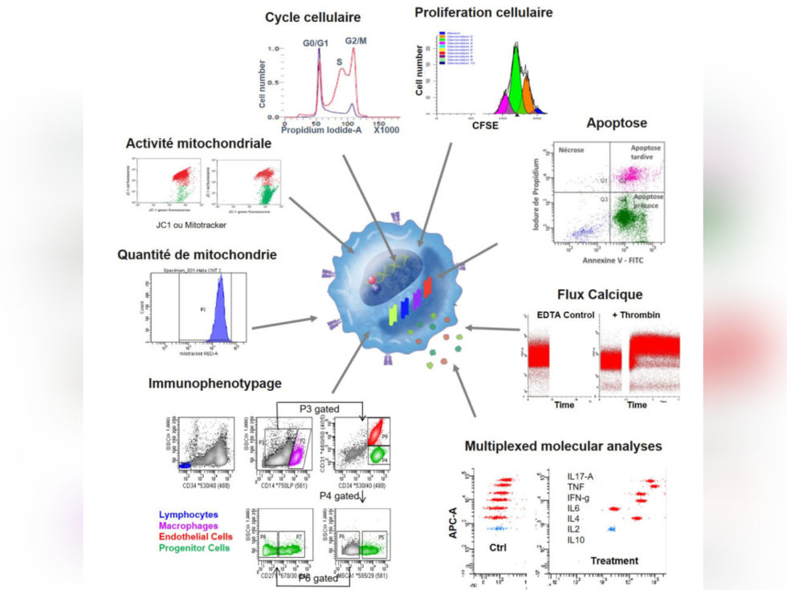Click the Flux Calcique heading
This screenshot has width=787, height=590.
coord(605,294)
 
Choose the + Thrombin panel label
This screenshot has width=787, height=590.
coord(637,314)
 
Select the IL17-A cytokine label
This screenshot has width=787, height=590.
coord(582,476)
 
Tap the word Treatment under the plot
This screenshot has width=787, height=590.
coord(614,561)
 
